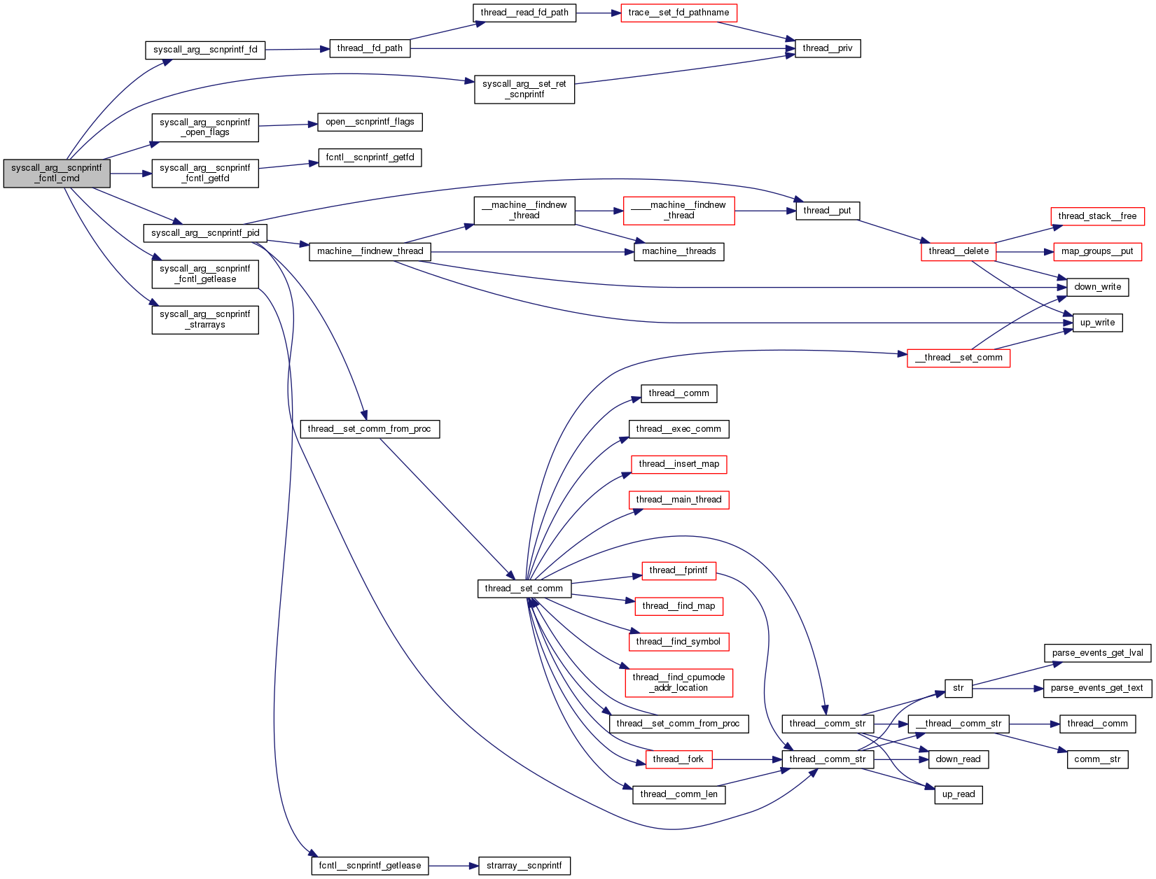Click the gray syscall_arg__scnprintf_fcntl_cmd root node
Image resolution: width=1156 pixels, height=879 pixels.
click(x=57, y=174)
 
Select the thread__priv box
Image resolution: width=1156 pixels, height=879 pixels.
click(x=828, y=48)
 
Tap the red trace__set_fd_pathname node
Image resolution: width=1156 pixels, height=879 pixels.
click(x=678, y=13)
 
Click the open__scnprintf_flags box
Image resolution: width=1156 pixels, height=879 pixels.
click(x=370, y=122)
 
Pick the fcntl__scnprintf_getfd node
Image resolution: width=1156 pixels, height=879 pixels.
click(x=370, y=157)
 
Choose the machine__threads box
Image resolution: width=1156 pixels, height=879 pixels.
click(x=678, y=251)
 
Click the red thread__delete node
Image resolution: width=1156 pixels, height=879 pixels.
click(x=958, y=251)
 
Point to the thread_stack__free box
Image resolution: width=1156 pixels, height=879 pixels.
click(x=1097, y=216)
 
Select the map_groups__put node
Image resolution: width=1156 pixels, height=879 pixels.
click(x=1097, y=251)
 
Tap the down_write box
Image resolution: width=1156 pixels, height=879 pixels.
click(x=1097, y=287)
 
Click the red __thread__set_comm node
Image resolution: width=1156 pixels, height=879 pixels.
click(x=958, y=358)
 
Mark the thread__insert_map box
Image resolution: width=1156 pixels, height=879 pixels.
click(x=678, y=464)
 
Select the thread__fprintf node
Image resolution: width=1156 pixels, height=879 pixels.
click(x=678, y=570)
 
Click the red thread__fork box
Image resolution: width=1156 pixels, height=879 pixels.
click(x=678, y=759)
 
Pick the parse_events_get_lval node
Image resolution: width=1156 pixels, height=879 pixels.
click(x=1097, y=653)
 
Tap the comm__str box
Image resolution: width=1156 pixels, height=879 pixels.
click(x=1097, y=759)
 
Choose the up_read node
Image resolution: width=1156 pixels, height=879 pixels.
click(x=958, y=794)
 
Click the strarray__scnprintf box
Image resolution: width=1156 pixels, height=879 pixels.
click(x=524, y=866)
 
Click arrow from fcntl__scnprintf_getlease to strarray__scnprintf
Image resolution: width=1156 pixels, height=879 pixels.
click(x=453, y=866)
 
